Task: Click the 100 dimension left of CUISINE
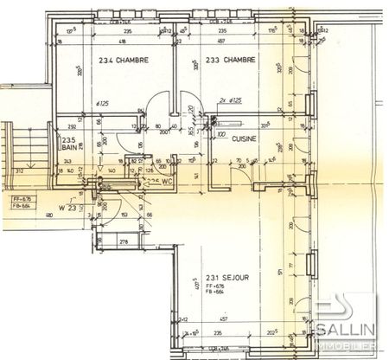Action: [221, 136]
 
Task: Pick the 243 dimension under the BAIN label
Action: [67, 161]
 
